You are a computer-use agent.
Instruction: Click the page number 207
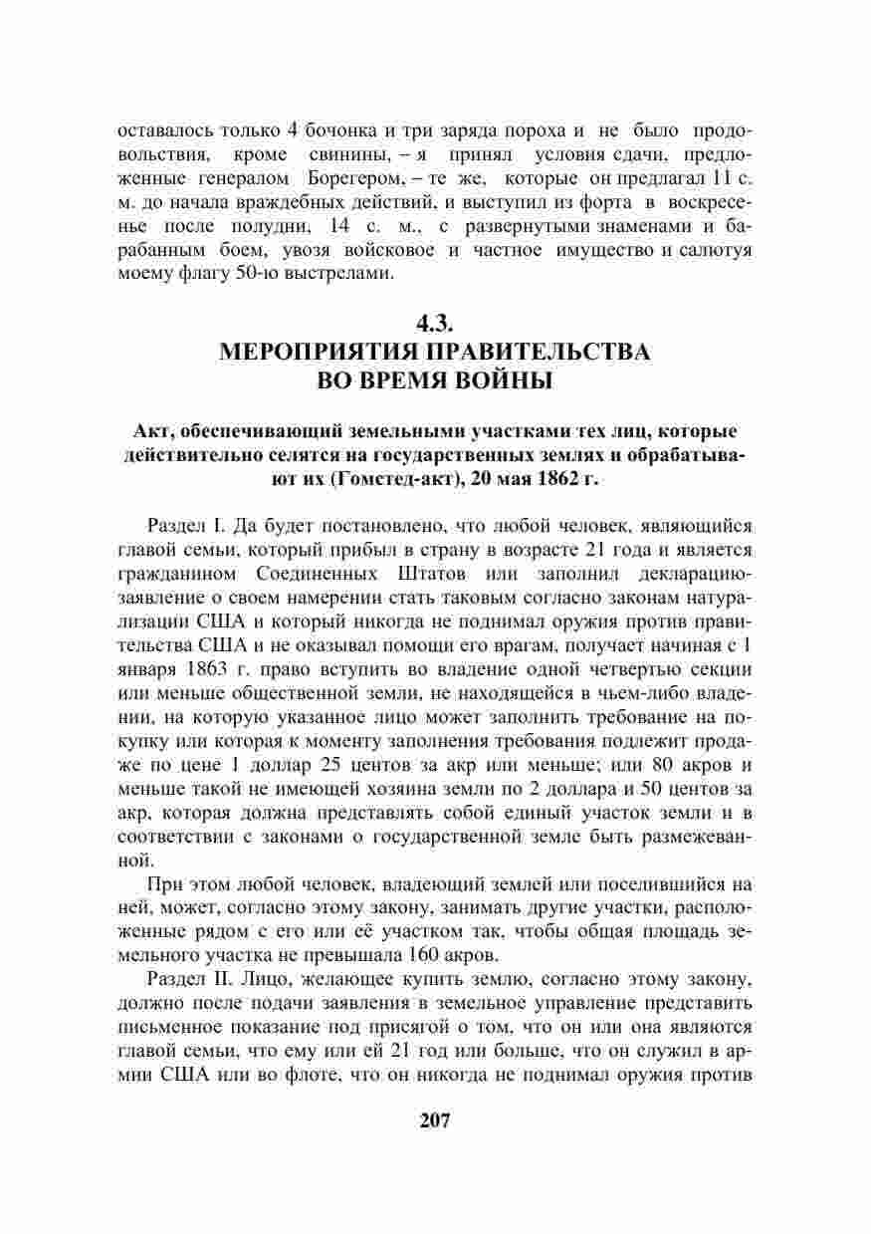pos(435,1120)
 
